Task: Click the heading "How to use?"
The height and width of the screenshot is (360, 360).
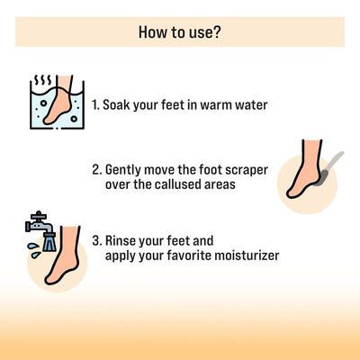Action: click(180, 32)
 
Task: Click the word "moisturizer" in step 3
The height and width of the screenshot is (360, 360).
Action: click(243, 256)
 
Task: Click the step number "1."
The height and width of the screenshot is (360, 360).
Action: click(96, 104)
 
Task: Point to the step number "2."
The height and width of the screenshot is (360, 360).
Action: click(96, 169)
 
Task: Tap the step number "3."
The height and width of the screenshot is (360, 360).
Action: click(96, 241)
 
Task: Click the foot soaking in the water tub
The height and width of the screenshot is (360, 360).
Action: click(58, 103)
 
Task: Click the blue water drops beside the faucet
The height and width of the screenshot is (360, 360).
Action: click(30, 246)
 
